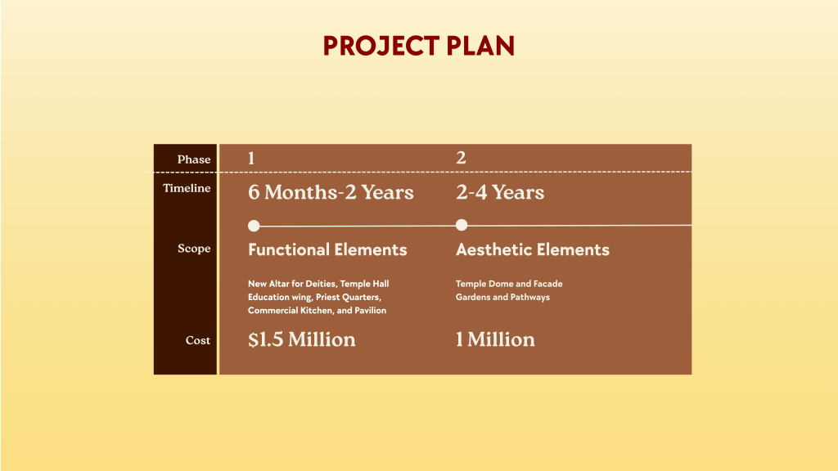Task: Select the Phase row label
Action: tap(194, 159)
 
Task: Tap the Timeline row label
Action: tap(187, 188)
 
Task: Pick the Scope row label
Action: tap(194, 249)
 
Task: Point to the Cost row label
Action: tap(197, 340)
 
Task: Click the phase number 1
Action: tap(251, 158)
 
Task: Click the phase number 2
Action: tap(461, 158)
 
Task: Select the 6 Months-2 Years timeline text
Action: tap(331, 193)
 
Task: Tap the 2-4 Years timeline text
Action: tap(499, 193)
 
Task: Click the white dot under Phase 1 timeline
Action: tap(254, 225)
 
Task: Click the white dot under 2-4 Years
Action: tap(462, 225)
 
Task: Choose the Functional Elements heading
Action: tap(327, 250)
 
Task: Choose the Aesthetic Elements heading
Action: tap(532, 250)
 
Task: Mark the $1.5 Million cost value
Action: tap(301, 339)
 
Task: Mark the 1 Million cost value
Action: tap(495, 339)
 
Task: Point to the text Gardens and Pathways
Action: tap(502, 297)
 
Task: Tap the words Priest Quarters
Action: tap(346, 297)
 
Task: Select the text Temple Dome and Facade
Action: tap(509, 284)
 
